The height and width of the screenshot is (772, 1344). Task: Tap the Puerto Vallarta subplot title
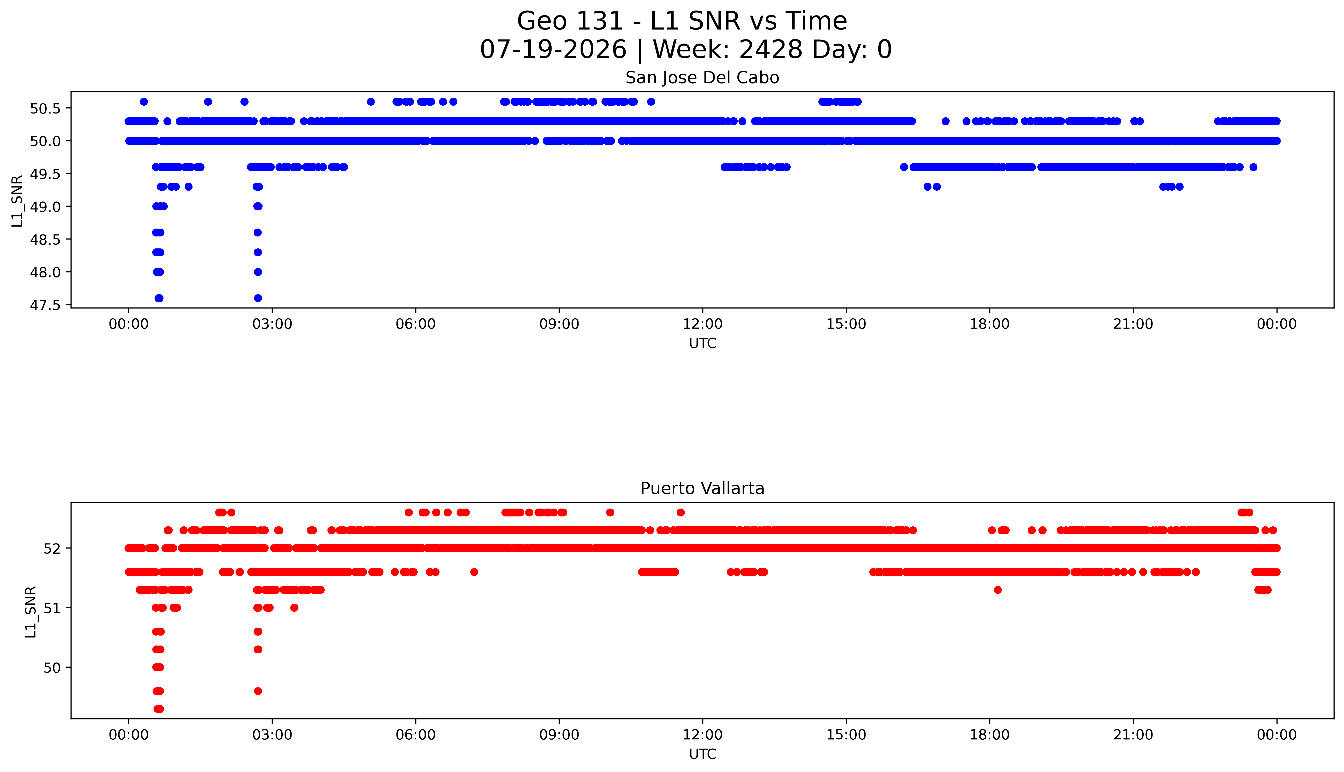[702, 488]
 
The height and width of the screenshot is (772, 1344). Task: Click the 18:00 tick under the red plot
[990, 735]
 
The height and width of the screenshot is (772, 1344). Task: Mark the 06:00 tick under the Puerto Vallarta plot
[415, 735]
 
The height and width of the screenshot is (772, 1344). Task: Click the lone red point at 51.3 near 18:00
[998, 589]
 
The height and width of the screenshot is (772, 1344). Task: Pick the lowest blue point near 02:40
[258, 298]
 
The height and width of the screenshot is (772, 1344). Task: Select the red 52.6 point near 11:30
[680, 512]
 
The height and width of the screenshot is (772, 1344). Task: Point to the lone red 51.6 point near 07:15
[474, 572]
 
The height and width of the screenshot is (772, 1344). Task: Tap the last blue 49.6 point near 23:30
[1253, 167]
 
